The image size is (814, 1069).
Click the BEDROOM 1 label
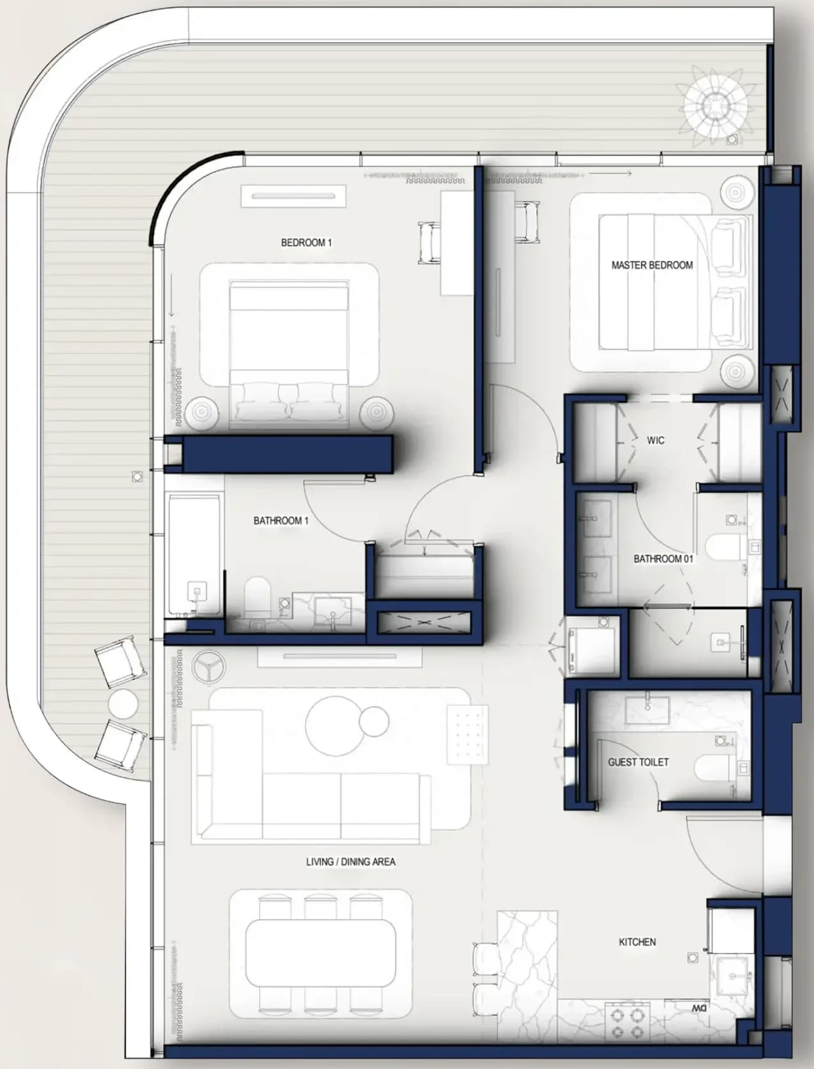tap(307, 242)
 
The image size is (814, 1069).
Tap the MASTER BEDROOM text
tap(652, 265)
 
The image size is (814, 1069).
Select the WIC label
tap(655, 440)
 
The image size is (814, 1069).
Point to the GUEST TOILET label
tap(638, 762)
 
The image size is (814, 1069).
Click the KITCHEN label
tap(637, 942)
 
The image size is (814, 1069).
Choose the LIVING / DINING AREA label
tap(351, 861)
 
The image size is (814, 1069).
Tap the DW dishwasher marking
tap(699, 1005)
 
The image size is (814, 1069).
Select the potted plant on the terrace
tap(714, 103)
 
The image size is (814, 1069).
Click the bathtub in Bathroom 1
tap(194, 555)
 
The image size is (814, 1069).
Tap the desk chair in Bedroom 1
tap(429, 243)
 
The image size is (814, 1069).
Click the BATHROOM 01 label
tap(663, 559)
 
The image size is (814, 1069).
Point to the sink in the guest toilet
tap(647, 711)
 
